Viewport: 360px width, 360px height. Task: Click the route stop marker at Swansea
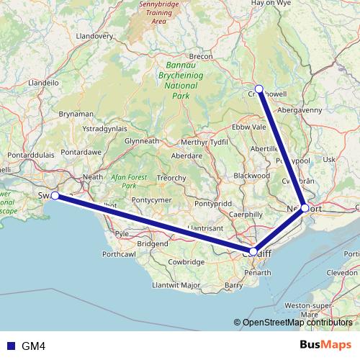[55, 195]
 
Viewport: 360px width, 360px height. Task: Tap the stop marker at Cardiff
[253, 251]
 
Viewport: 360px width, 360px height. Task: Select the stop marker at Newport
[305, 208]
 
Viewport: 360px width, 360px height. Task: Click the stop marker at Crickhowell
[259, 89]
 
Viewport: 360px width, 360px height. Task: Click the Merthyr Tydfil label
[203, 142]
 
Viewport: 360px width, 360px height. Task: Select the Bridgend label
[152, 244]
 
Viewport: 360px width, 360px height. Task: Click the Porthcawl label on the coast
[119, 254]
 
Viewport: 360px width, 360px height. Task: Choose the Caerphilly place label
[244, 214]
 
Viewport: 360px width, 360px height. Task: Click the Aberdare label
[186, 156]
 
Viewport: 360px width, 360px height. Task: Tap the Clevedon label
[341, 274]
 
